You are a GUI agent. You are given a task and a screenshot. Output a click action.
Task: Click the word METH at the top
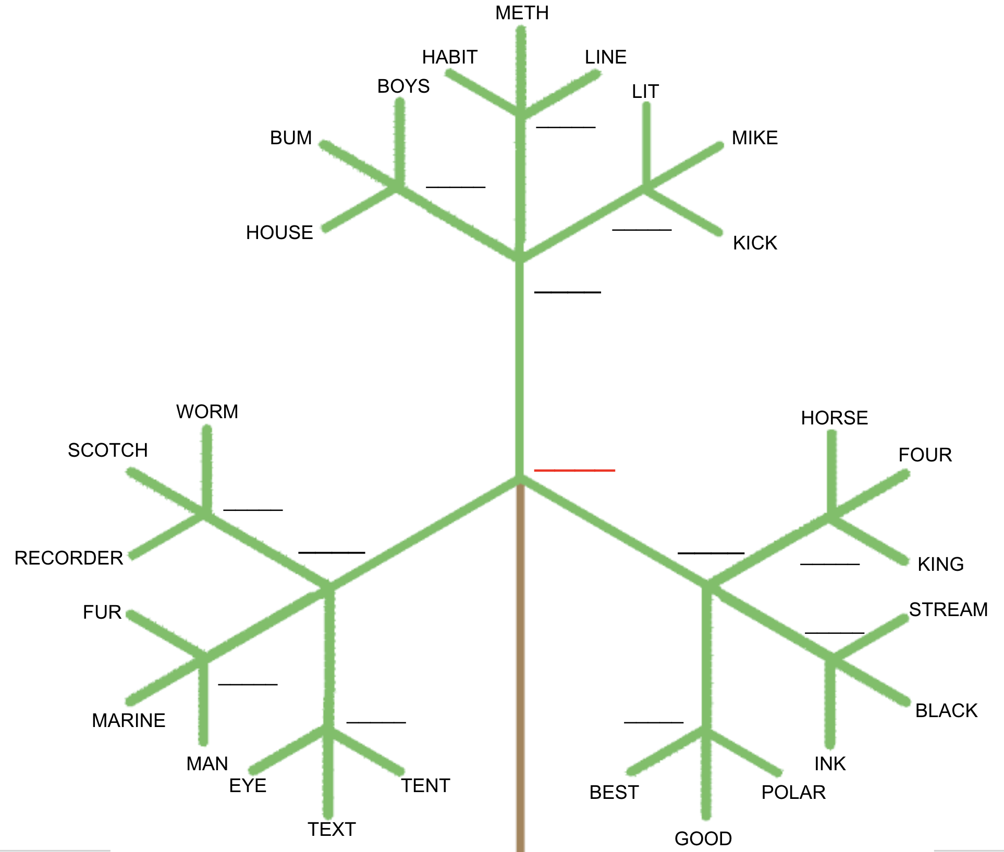click(522, 13)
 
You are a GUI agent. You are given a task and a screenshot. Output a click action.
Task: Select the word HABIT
click(449, 57)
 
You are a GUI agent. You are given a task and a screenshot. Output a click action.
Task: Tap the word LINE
click(605, 57)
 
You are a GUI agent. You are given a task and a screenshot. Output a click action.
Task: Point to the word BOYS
click(403, 86)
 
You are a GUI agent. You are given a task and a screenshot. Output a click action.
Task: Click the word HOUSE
click(279, 233)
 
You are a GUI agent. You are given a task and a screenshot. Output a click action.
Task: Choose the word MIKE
click(755, 138)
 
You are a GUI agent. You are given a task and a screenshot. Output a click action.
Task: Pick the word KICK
click(755, 243)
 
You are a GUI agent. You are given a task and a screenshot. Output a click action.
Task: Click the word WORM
click(207, 412)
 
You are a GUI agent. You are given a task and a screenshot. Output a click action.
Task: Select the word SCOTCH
click(108, 450)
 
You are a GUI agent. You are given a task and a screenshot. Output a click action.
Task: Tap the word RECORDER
click(69, 558)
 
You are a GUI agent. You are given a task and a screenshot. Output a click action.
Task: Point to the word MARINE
click(129, 721)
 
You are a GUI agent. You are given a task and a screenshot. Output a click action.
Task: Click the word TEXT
click(332, 830)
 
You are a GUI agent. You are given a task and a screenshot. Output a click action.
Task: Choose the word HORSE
click(834, 418)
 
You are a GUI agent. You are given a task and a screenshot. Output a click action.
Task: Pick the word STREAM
click(948, 610)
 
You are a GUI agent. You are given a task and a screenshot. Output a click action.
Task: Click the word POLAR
click(793, 793)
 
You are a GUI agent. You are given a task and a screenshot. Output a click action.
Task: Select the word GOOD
click(703, 839)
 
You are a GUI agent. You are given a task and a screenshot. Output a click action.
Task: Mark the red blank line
click(574, 471)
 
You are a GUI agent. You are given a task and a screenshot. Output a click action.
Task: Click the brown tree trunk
click(520, 677)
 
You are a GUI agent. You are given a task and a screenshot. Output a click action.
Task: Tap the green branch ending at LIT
click(646, 146)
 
